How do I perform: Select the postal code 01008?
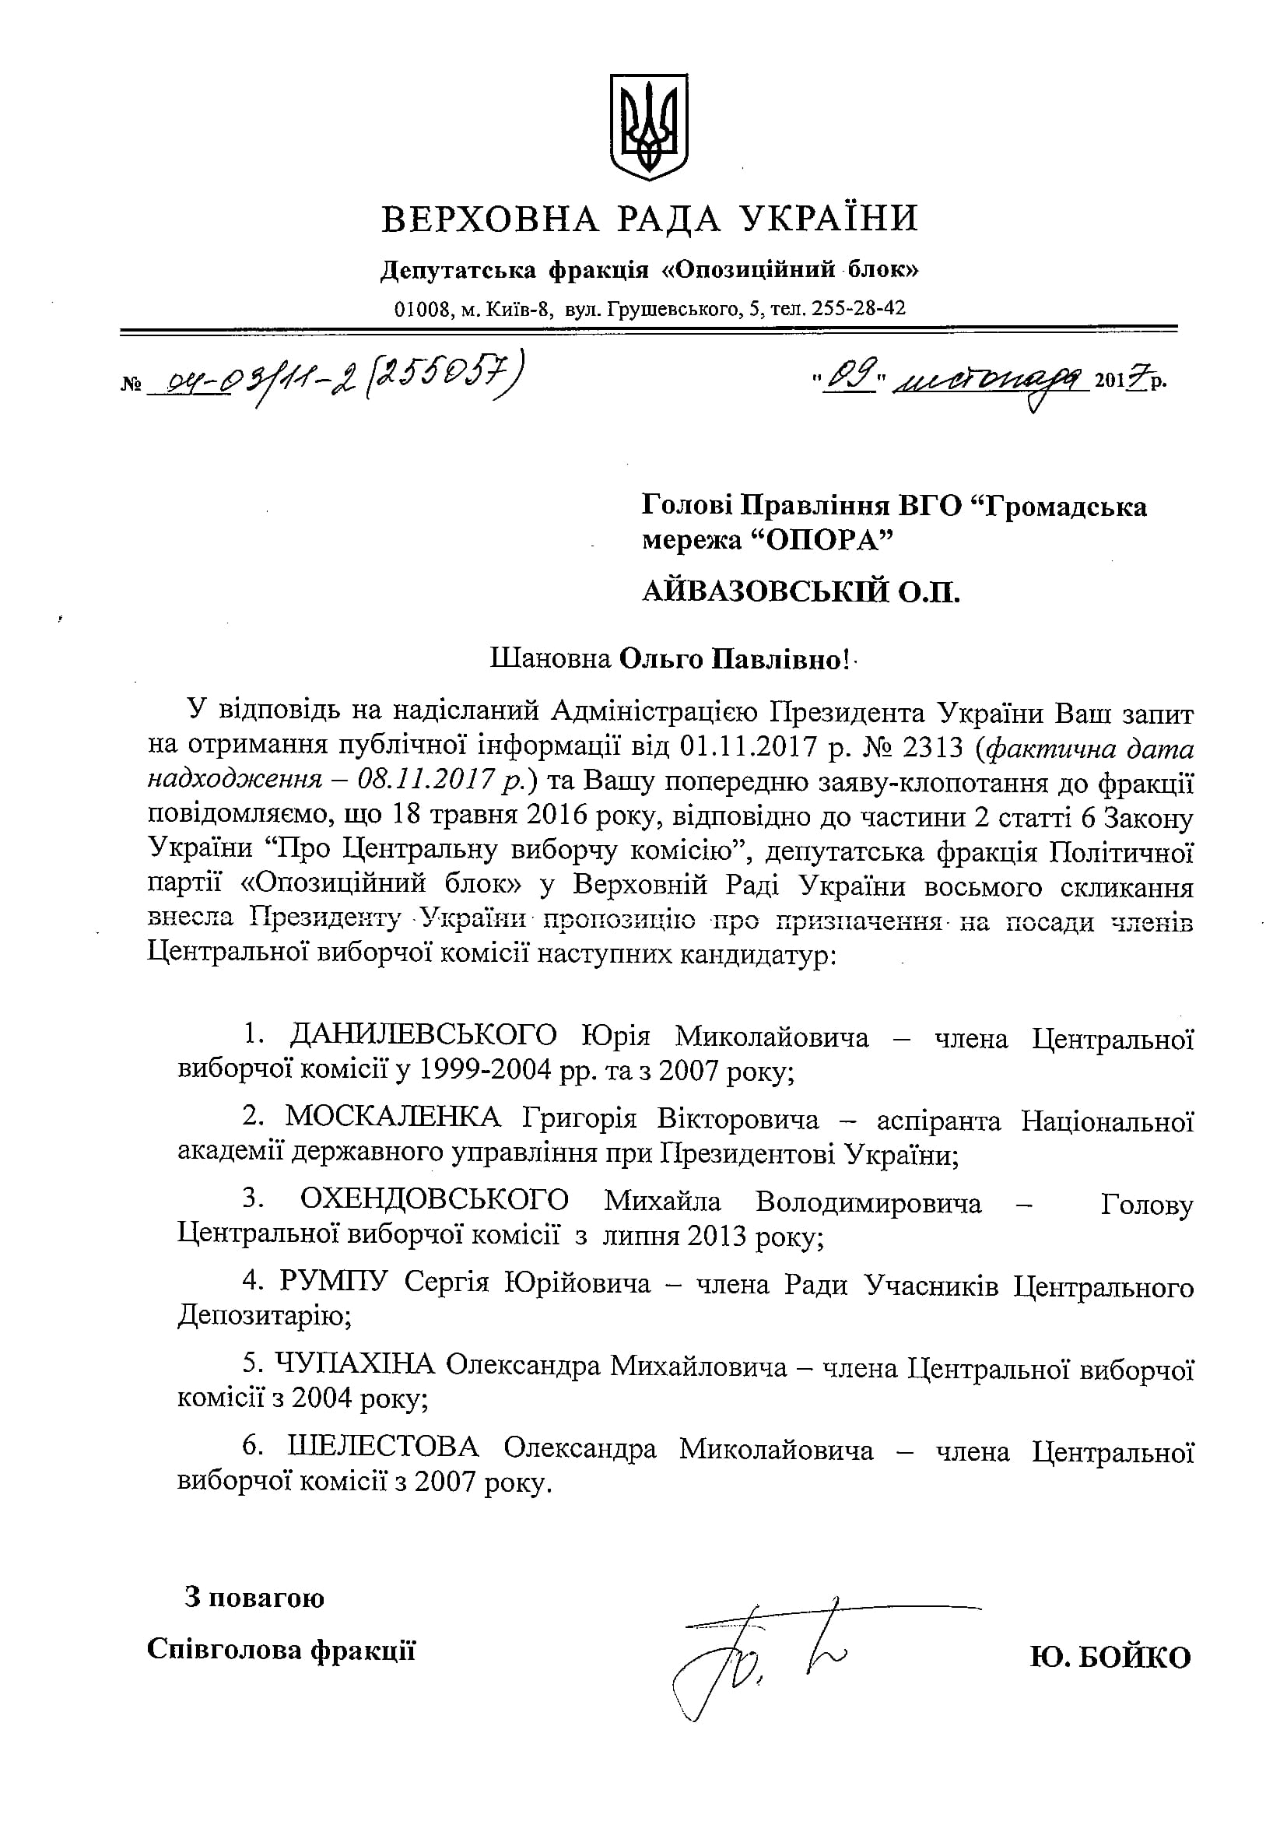[422, 308]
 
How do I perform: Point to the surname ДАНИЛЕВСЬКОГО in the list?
[424, 1036]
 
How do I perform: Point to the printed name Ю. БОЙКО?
[1110, 1658]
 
